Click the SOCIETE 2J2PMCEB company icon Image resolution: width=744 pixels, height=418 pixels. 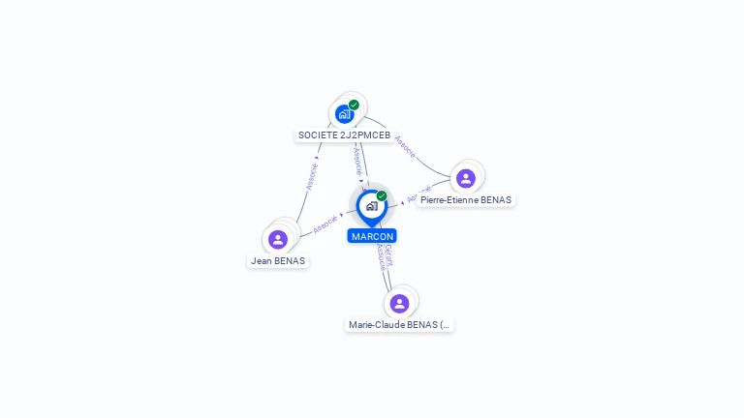344,114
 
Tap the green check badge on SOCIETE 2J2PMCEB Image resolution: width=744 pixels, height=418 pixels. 354,104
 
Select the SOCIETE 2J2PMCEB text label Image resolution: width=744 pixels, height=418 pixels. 344,135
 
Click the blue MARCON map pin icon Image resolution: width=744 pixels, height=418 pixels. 371,206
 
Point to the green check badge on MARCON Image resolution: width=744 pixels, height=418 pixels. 382,195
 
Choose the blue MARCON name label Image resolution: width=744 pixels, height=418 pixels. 372,236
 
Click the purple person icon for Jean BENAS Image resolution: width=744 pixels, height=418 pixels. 278,239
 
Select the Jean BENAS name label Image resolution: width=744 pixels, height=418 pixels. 278,260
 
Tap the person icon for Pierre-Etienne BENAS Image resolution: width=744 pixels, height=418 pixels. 466,178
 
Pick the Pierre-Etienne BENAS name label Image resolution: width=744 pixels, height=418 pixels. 466,200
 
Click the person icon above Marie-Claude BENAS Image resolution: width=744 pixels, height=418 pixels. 399,304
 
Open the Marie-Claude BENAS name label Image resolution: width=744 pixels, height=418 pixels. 399,325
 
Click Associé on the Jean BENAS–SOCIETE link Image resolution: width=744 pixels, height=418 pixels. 312,175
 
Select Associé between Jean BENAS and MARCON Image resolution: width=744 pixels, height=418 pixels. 325,223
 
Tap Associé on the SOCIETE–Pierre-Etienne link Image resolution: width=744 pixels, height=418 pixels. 405,146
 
